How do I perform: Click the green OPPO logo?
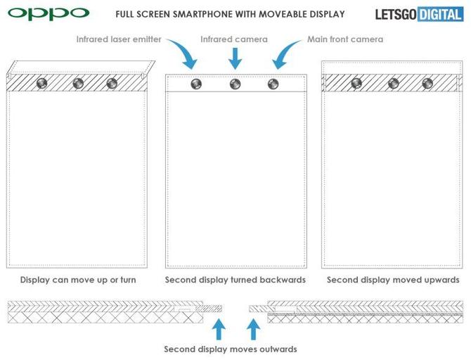[49, 13]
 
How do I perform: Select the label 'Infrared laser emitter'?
[119, 39]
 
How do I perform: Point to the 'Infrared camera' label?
[235, 39]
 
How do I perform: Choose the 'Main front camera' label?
[345, 39]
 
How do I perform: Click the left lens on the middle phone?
[195, 84]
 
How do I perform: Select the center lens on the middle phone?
[235, 84]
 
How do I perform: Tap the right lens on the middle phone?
[273, 84]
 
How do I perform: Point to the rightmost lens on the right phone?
[427, 83]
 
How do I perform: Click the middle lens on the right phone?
[393, 83]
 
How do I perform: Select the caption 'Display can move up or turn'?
[78, 280]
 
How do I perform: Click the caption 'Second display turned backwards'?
[235, 280]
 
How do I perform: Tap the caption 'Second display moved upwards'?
[393, 280]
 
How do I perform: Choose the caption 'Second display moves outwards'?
[231, 349]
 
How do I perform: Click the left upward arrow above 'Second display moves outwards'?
[219, 328]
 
